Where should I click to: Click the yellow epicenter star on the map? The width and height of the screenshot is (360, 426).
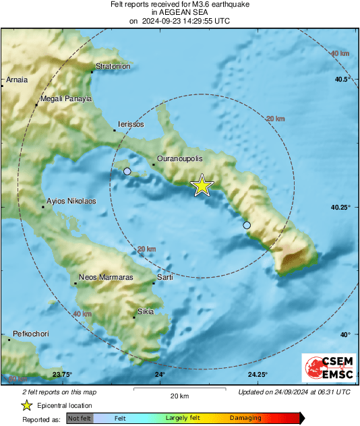coord(202,185)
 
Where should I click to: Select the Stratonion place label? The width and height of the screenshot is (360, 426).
coord(112,67)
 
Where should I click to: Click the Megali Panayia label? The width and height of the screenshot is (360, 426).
coord(65,98)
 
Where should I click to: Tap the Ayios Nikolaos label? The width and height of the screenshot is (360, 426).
coord(71,201)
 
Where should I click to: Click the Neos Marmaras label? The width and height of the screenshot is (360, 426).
coord(106,278)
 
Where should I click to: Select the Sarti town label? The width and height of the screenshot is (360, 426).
coord(165,278)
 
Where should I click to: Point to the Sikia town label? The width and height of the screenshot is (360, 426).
coord(146,311)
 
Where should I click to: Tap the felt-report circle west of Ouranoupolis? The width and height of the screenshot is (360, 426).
coord(127,172)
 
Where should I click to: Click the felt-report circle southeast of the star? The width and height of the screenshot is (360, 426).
coord(247,225)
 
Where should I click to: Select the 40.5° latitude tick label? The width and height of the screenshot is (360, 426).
coord(343,80)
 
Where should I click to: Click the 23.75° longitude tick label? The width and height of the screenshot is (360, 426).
coord(62,375)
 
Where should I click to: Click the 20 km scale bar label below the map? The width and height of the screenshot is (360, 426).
coord(179,396)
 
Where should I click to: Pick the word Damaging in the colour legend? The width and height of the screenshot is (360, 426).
coord(245,419)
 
